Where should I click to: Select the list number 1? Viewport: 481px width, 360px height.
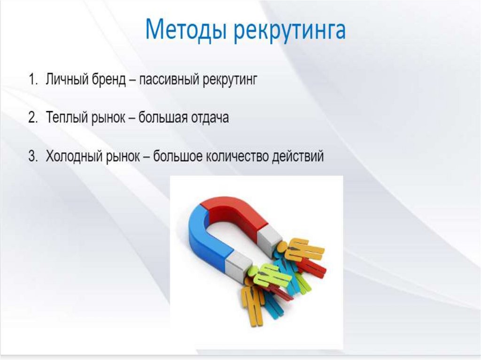[x=33, y=79]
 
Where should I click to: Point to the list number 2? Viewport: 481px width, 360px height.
[x=33, y=117]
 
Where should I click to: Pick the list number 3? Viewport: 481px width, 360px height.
[x=33, y=156]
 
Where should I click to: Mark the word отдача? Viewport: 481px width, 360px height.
[x=210, y=118]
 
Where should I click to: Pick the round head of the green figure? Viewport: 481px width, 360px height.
[x=253, y=271]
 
